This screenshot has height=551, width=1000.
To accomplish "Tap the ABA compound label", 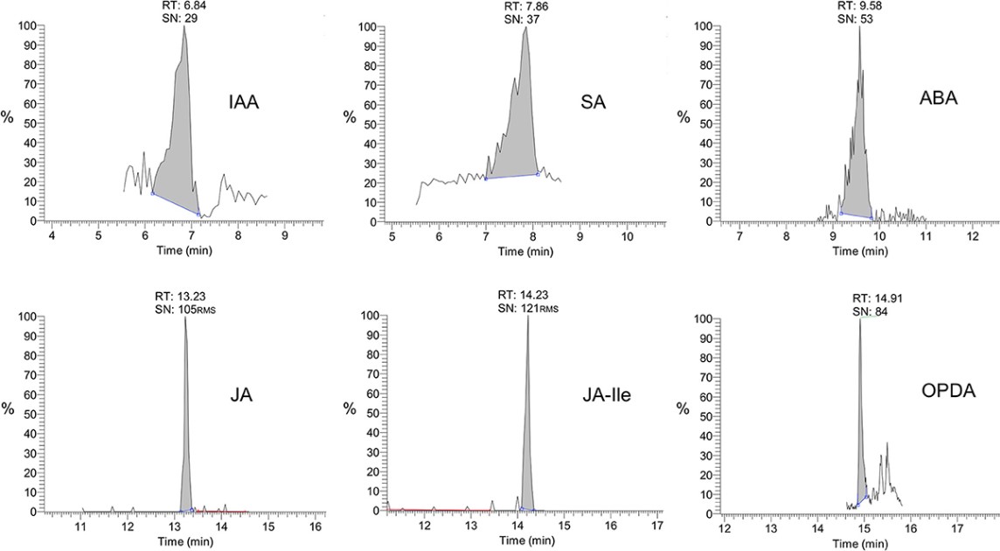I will (x=938, y=98).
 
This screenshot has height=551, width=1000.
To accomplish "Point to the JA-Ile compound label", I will (x=605, y=394).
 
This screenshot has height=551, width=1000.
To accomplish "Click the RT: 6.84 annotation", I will (x=184, y=5).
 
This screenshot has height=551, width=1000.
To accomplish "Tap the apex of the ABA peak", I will (x=859, y=27).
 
